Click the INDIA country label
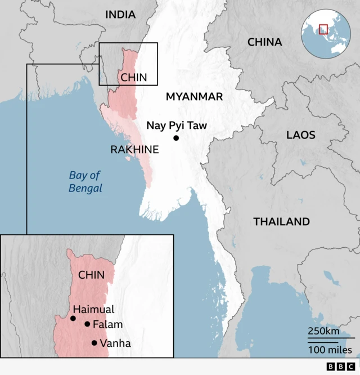tap(121, 15)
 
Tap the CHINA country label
tap(264, 42)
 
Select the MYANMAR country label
tap(194, 97)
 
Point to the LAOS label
tap(301, 135)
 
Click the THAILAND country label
tap(281, 222)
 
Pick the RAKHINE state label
tap(134, 150)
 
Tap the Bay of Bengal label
tap(85, 181)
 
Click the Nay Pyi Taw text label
tap(177, 126)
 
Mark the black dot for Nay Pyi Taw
tap(176, 138)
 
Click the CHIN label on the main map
tap(134, 78)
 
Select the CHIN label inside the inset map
tap(92, 275)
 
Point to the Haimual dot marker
tap(73, 319)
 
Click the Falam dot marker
tap(87, 324)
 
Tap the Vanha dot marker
tap(94, 343)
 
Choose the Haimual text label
tap(93, 309)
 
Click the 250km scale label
tap(323, 331)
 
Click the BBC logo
tap(337, 367)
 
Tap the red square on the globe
tap(323, 29)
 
